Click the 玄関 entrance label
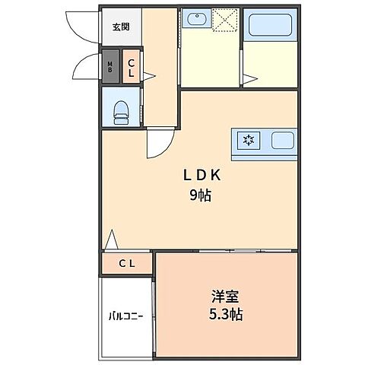tap(120, 27)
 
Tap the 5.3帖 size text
tap(225, 313)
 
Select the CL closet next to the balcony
tap(126, 264)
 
